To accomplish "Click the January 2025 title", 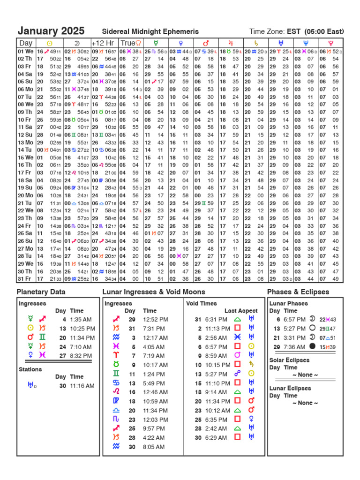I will (x=51, y=31).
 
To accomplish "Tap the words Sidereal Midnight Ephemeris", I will (x=147, y=31).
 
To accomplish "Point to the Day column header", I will (x=26, y=43).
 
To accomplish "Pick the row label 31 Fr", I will (x=26, y=279).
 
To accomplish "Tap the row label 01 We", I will (x=26, y=51).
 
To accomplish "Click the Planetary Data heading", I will (x=41, y=292).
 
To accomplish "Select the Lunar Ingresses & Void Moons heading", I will (x=154, y=292).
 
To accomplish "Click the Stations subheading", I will (x=30, y=369).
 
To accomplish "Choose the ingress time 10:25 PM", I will (x=82, y=328).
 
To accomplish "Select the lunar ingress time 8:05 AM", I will (x=154, y=447).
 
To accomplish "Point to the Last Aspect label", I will (x=241, y=311).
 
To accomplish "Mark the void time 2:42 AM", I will (x=216, y=428).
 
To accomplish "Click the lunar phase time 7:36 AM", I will (x=294, y=346).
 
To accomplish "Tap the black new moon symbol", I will (x=313, y=346).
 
